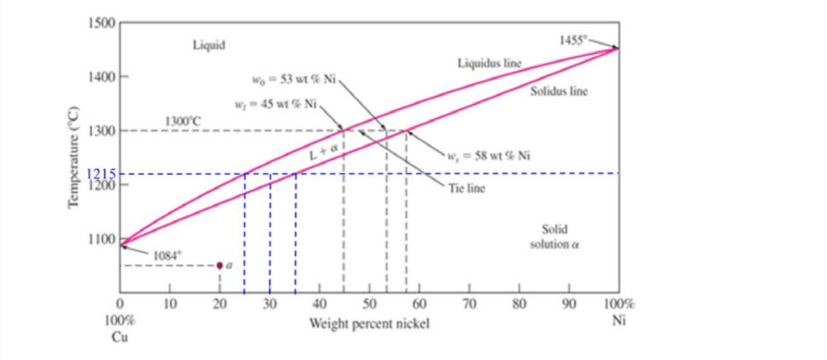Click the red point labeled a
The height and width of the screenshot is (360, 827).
click(220, 265)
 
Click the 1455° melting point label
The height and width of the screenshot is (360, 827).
click(574, 39)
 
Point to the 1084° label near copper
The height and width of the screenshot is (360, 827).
click(166, 253)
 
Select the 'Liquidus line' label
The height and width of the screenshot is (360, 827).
click(489, 62)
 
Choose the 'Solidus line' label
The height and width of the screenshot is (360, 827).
click(559, 91)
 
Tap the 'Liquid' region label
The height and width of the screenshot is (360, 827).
click(208, 44)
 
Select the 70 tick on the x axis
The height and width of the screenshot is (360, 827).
click(469, 305)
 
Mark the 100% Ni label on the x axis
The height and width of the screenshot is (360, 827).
click(619, 312)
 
